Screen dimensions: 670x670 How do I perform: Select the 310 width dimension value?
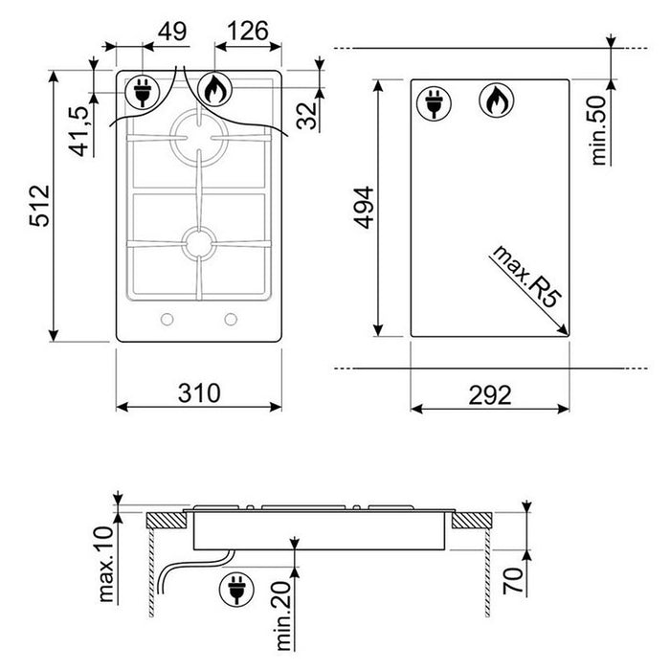click(199, 393)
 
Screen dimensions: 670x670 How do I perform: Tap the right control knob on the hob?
click(231, 320)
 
